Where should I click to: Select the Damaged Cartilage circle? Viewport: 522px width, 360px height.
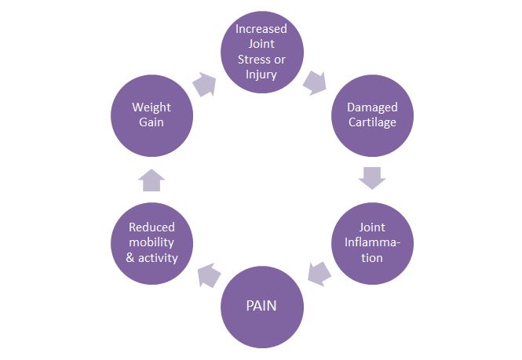click(x=372, y=115)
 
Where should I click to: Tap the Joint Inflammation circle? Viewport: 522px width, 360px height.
click(x=372, y=243)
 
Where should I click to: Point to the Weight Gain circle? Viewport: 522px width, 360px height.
click(x=151, y=115)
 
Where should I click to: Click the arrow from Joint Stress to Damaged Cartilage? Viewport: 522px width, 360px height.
click(x=316, y=82)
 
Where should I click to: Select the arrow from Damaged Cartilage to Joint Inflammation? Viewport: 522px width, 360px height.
click(x=371, y=178)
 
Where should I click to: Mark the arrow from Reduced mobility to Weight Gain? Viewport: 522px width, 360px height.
click(x=151, y=180)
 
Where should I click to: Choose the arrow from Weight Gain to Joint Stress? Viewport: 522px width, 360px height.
click(x=206, y=85)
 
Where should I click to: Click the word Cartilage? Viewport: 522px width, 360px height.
click(x=372, y=122)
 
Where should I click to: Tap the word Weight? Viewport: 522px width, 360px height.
click(x=151, y=107)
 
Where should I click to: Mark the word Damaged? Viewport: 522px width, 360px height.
click(x=372, y=107)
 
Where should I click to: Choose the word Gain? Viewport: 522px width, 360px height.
click(x=151, y=122)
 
